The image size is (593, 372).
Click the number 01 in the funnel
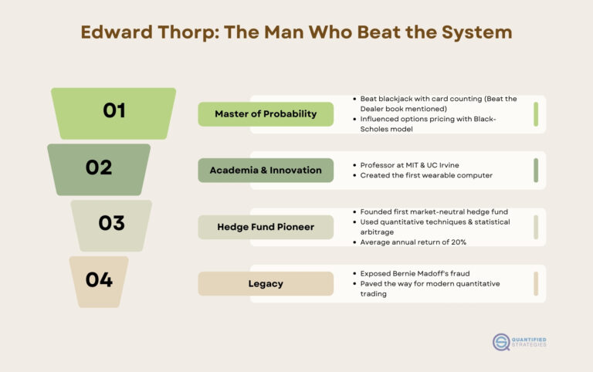coord(114,110)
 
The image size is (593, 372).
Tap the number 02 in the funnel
coord(99,167)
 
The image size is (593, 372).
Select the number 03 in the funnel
coord(111,223)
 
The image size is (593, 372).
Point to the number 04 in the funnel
coord(99,279)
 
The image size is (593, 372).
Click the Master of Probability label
coord(266,114)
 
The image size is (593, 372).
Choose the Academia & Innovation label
coord(266,171)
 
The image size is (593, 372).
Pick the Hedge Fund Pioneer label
coord(266,227)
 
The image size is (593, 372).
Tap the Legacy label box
coord(266,283)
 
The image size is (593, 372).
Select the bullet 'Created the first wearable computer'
coord(426,175)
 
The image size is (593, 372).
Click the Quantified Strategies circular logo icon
coord(502,342)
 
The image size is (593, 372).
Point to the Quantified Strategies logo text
coord(530,342)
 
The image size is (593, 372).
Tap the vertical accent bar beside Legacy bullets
coord(535,283)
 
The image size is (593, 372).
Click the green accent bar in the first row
coord(535,114)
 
